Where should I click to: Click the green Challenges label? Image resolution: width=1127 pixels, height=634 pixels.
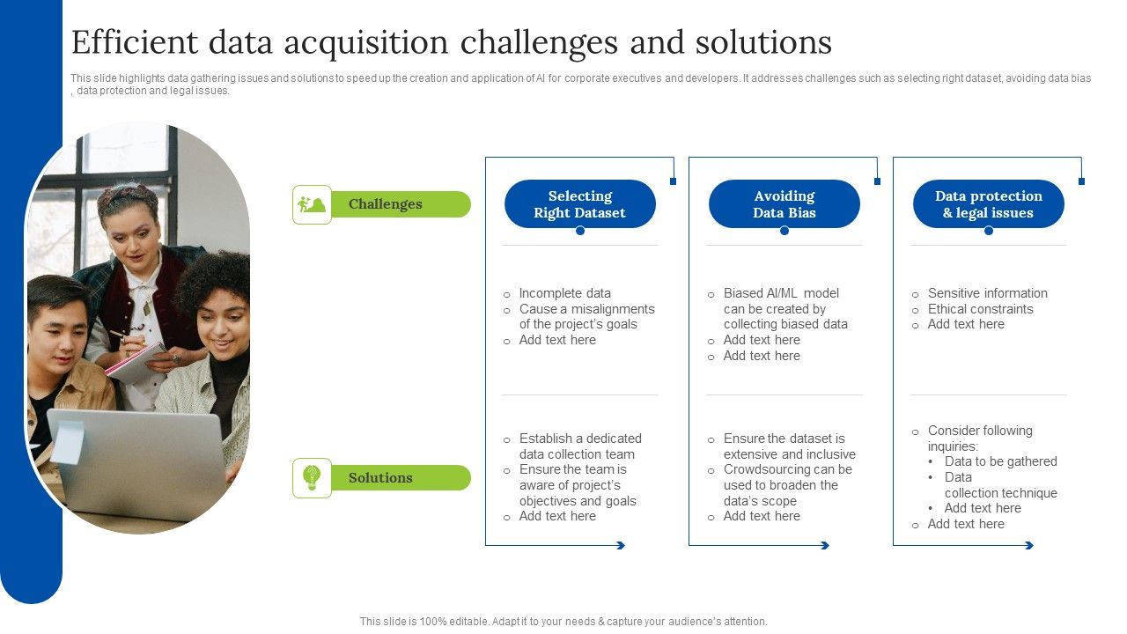tap(386, 204)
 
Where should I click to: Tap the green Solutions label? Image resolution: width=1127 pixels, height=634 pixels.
tap(380, 478)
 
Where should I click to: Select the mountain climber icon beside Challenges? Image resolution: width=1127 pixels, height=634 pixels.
tap(312, 204)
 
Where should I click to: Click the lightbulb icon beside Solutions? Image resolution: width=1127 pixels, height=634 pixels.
tap(312, 478)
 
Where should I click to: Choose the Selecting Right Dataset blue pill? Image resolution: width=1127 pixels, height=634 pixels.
tap(579, 204)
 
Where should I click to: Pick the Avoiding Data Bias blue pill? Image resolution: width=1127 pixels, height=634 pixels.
tap(784, 204)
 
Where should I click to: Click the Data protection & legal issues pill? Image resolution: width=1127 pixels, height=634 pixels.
tap(988, 204)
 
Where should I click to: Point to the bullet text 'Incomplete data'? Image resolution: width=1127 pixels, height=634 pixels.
tap(564, 293)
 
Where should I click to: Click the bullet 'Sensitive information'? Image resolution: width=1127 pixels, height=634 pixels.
tap(987, 293)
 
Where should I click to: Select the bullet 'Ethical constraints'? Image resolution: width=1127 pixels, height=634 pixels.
tap(980, 309)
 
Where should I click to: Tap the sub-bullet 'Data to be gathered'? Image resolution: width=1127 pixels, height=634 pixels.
tap(1000, 461)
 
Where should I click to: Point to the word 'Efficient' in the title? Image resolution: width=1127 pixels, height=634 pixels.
tap(130, 42)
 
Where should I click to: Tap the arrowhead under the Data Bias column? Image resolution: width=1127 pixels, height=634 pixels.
tap(825, 546)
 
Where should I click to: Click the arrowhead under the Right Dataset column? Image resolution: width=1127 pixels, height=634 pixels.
tap(621, 546)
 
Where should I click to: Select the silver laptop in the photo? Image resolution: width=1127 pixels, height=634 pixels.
tap(141, 462)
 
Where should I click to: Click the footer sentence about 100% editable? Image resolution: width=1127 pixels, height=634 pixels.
tap(563, 622)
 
